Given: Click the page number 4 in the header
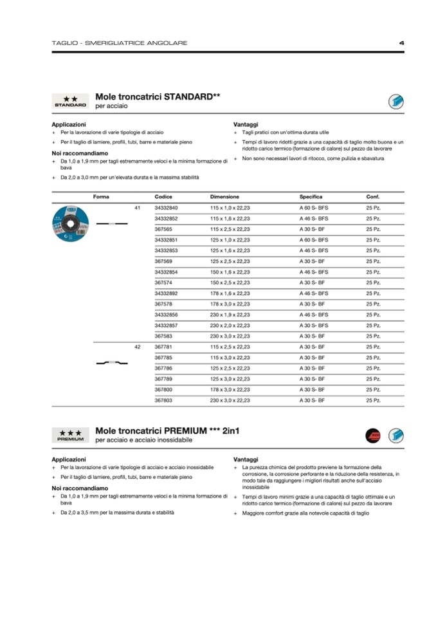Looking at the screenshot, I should [x=401, y=43].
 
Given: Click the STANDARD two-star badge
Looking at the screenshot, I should [x=70, y=101].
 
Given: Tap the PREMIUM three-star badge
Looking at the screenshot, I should [x=70, y=436].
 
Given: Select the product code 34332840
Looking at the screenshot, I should [x=166, y=208].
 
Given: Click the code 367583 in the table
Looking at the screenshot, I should [x=163, y=336].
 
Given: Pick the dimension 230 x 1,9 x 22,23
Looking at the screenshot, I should [x=230, y=315].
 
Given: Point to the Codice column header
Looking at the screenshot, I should [x=163, y=196].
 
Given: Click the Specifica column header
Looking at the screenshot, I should [x=311, y=196].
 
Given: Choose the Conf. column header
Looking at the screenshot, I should [x=373, y=196].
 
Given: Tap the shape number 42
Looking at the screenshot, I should [x=137, y=347].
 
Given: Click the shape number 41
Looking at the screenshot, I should [x=137, y=208].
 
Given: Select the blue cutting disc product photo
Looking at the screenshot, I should [x=70, y=222].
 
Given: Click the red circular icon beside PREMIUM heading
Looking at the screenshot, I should [x=373, y=436].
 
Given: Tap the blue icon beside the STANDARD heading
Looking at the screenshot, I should [x=395, y=101].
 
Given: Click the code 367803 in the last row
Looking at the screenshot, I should [x=163, y=400].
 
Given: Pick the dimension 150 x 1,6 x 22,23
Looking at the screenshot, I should [x=230, y=272].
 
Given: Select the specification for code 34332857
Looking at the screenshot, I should [x=313, y=326].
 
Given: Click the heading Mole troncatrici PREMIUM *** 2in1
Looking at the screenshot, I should [x=167, y=430].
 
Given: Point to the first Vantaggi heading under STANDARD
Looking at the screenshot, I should [x=246, y=124].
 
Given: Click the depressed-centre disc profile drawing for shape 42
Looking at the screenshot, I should [x=111, y=364].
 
